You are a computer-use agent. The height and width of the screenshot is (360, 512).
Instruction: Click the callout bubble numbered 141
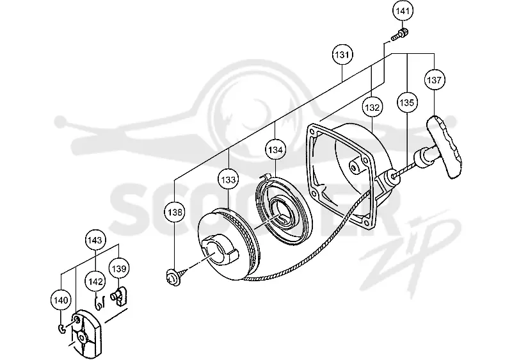(x=403, y=11)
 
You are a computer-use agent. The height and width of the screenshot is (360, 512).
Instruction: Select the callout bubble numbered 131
(x=342, y=54)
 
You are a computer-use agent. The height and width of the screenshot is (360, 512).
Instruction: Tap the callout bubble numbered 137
(x=435, y=80)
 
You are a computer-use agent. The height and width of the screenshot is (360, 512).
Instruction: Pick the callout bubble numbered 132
(x=372, y=108)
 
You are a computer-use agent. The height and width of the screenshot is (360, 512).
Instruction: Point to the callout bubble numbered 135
(x=406, y=103)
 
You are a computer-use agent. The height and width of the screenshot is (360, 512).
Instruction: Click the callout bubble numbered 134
(x=275, y=150)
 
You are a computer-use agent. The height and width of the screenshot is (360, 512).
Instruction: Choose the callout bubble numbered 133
(x=228, y=179)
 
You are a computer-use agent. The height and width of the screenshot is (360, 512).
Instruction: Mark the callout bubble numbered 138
(x=175, y=212)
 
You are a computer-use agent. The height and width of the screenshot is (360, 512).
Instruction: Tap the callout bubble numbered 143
(x=95, y=240)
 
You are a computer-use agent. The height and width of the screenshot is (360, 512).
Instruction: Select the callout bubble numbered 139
(x=118, y=268)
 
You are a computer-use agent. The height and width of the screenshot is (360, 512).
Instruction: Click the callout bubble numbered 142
(x=95, y=282)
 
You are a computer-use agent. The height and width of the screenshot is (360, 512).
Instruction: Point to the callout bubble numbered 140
(x=61, y=300)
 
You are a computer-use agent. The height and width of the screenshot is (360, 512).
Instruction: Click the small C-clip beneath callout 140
(x=61, y=329)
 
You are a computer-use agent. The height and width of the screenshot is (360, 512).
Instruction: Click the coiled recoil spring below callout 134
(x=283, y=208)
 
